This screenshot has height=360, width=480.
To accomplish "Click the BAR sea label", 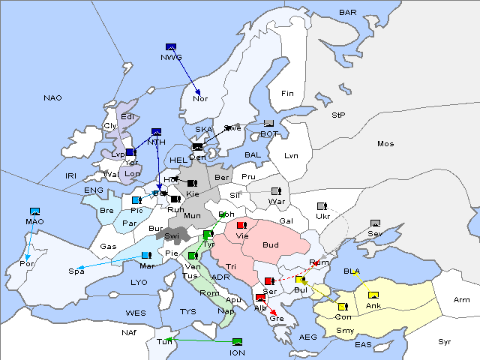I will tap(348, 13).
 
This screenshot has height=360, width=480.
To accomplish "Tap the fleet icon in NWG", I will tap(170, 47).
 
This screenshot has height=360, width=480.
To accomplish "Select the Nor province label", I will tap(200, 98).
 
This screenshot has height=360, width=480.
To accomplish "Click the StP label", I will tap(338, 115).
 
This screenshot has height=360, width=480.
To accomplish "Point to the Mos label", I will tap(385, 143).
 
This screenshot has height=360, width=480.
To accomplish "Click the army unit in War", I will tap(275, 192).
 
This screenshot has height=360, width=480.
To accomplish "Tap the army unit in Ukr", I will tap(322, 206).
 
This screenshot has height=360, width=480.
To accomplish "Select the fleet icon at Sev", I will tap(375, 223).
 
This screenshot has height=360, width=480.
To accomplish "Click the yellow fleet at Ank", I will tap(373, 295).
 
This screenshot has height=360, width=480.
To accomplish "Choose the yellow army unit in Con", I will tap(343, 307).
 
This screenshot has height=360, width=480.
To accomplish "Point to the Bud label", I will tap(271, 245).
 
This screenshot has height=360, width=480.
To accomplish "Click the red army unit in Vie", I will tap(241, 225).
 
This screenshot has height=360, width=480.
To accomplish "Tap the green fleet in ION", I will tap(237, 343).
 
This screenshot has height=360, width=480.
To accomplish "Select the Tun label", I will tap(164, 342).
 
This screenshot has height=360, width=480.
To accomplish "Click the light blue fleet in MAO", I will tap(34, 212).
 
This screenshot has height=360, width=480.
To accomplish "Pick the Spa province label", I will tap(76, 271).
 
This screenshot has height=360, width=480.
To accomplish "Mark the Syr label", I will tap(445, 341).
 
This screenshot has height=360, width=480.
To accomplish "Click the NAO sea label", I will tap(52, 98).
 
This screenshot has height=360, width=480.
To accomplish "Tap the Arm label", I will tap(462, 300).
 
